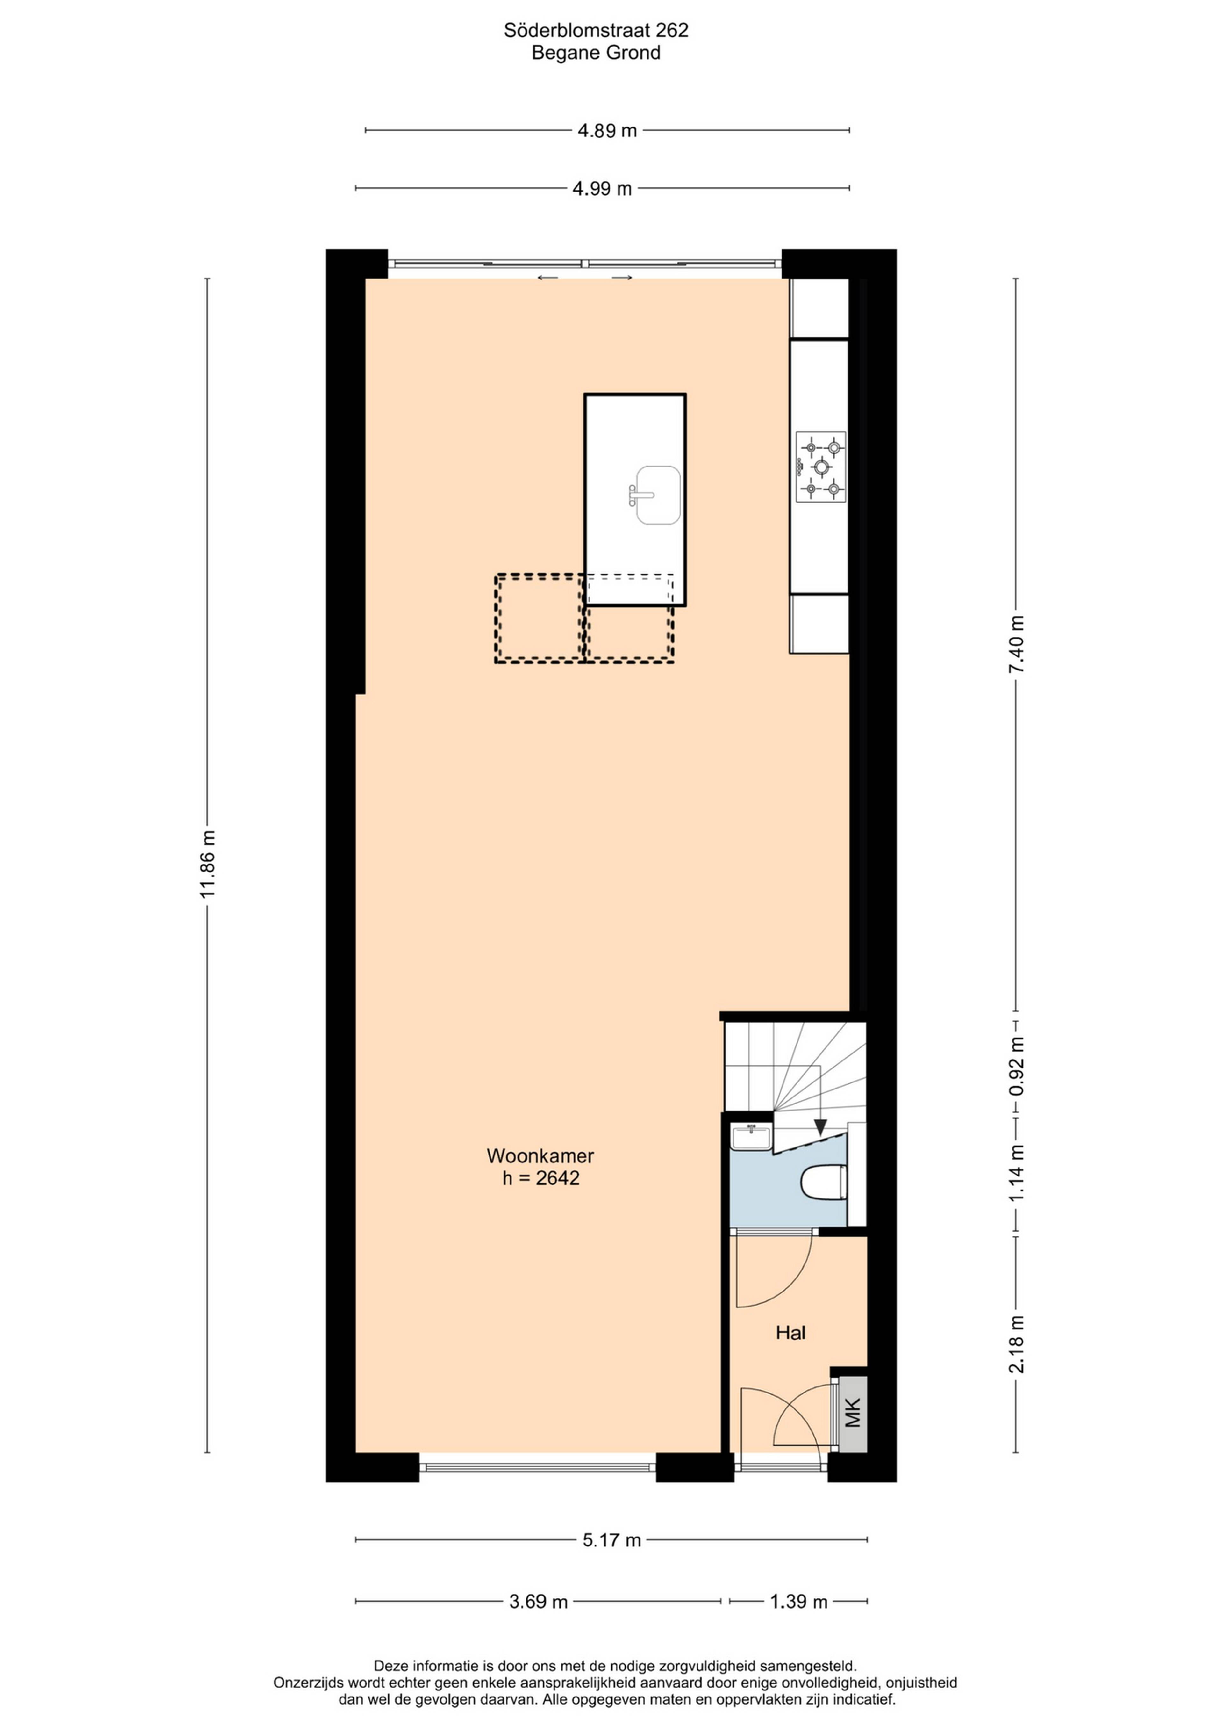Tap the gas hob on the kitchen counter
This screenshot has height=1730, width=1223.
(x=821, y=467)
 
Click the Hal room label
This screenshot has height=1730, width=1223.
(x=791, y=1333)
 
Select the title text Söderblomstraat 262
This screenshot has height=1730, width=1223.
(x=596, y=30)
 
